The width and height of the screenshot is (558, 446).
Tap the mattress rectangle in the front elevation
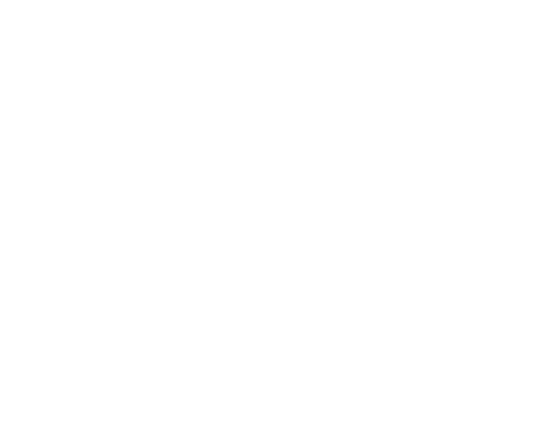tap(166, 106)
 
